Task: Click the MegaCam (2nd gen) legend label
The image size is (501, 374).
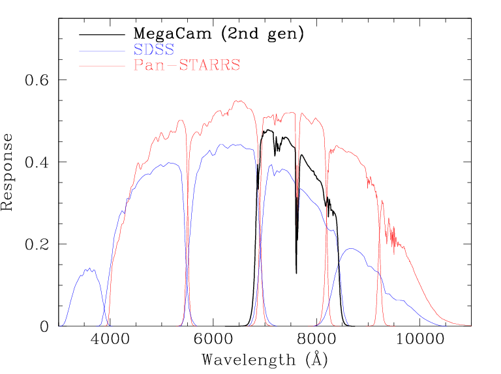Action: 219,34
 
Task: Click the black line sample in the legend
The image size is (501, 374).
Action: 101,34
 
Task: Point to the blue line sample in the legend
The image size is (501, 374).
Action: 101,50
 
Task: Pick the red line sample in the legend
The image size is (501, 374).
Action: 101,65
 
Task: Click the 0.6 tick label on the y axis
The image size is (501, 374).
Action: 37,80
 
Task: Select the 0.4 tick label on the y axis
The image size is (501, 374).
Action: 37,162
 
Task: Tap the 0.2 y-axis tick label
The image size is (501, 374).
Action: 37,244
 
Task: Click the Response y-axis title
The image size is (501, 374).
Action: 8,172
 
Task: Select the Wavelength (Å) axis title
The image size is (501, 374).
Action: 264,359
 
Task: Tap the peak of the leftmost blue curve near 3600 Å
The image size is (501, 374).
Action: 87,268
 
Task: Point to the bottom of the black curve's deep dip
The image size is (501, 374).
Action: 296,273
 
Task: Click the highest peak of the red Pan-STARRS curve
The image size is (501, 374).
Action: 239,100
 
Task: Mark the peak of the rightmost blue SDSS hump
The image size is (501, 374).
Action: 351,248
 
